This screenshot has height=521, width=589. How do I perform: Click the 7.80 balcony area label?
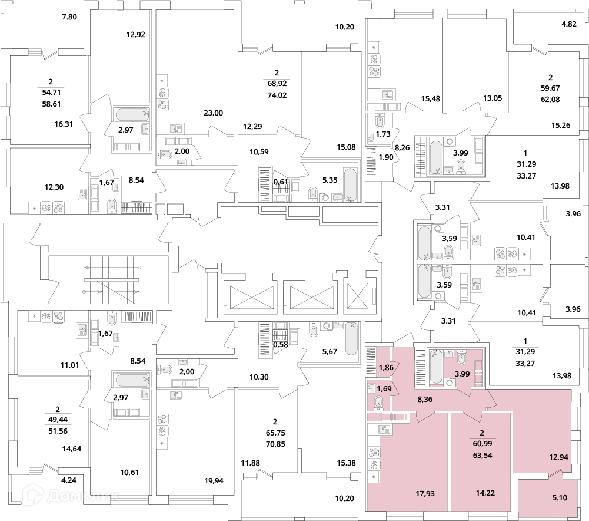(69, 17)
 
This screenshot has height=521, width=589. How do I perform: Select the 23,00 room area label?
(213, 113)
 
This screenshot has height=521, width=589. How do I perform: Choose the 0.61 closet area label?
(280, 182)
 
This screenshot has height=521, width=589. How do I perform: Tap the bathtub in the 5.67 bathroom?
(351, 339)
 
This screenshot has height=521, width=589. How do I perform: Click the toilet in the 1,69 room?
(379, 403)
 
